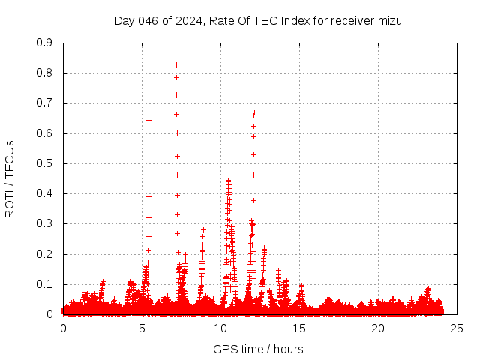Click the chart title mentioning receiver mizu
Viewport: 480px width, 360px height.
coord(258,21)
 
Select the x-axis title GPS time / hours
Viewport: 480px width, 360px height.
coord(258,349)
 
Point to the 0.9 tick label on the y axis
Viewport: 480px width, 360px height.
coord(44,43)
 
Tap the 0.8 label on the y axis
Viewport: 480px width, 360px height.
coord(44,73)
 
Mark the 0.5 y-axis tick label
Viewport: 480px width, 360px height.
coord(44,163)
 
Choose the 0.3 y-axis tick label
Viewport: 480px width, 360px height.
coord(44,223)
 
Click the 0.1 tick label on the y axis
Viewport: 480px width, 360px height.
coord(44,284)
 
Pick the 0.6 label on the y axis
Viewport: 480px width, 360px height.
coord(44,133)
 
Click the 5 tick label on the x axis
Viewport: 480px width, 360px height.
coord(142,328)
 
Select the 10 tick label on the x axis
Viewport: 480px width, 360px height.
coord(220,328)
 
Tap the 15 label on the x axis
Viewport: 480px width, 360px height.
coord(299,328)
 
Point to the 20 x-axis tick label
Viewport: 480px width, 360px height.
coord(378,328)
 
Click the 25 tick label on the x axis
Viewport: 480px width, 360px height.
coord(457,328)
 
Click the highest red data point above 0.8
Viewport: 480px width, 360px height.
coord(177,64)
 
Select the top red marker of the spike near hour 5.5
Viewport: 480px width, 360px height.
coord(148,120)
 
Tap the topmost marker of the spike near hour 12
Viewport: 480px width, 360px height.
coord(254,112)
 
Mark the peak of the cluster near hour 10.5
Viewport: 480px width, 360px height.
coord(229,180)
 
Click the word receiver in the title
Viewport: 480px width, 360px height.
coord(346,21)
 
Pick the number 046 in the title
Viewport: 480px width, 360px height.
coord(147,21)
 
